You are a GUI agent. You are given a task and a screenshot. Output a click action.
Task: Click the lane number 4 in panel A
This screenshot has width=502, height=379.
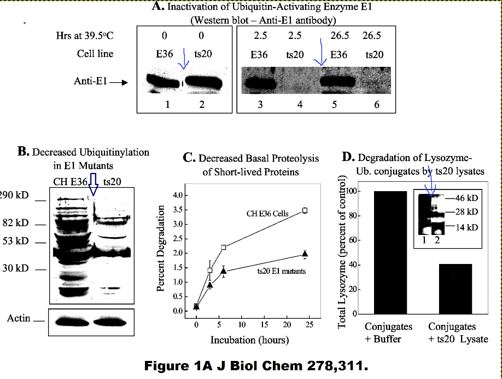[300, 104]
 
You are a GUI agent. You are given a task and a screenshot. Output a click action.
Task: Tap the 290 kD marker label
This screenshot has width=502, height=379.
[14, 196]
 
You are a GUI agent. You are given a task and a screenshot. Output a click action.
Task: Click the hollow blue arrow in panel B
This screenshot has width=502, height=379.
[93, 184]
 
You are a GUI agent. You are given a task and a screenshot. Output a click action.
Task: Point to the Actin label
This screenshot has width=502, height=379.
[19, 318]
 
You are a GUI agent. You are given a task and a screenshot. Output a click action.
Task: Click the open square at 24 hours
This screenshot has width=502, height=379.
[305, 210]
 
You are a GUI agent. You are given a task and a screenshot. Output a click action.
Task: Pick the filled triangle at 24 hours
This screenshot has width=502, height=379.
[305, 253]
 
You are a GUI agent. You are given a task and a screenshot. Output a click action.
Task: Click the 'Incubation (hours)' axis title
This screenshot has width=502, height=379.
[249, 340]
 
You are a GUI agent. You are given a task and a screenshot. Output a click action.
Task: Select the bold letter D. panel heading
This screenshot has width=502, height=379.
[348, 158]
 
